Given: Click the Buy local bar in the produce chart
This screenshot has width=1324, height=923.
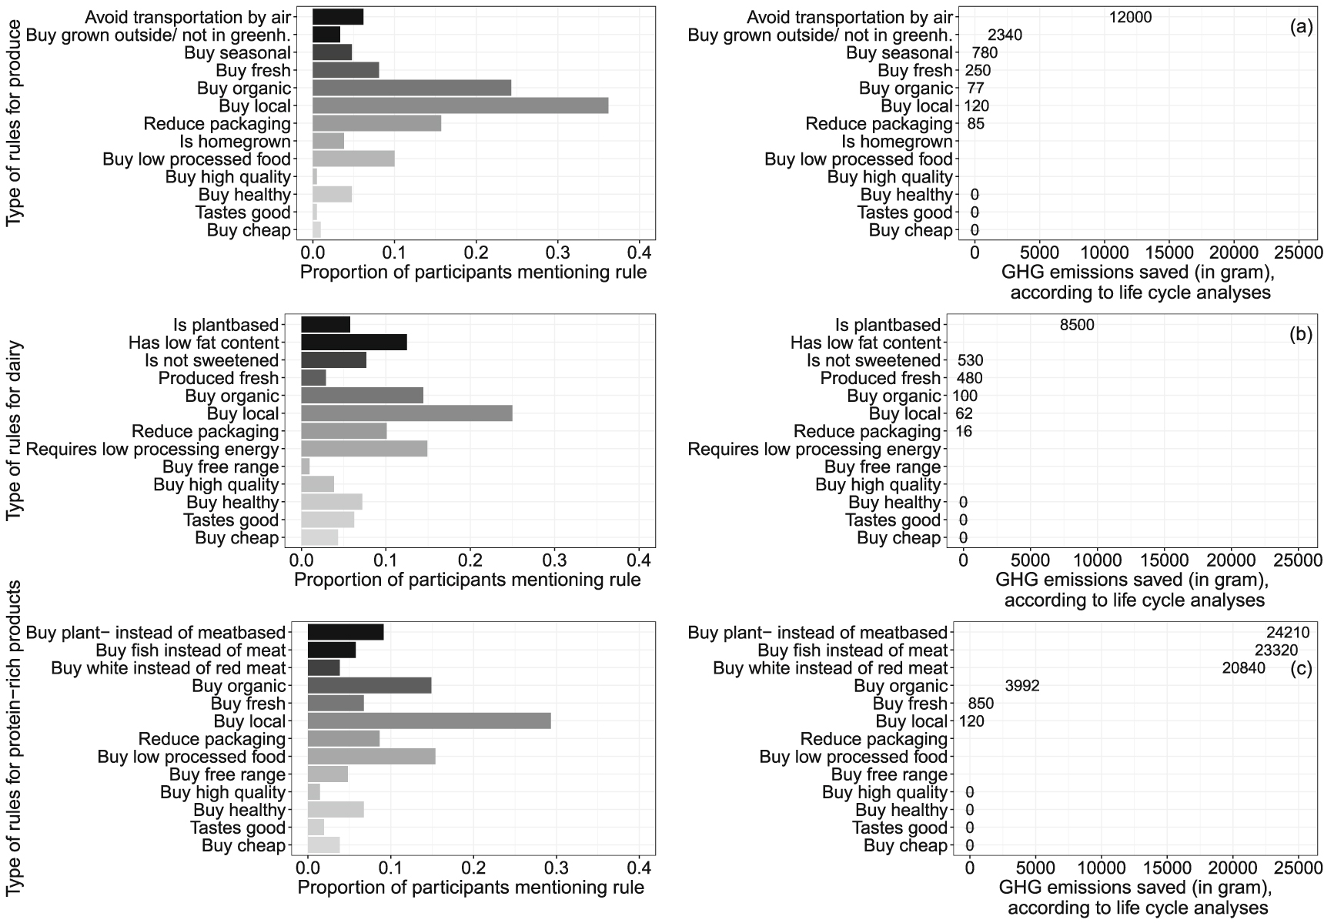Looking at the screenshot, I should coord(460,106).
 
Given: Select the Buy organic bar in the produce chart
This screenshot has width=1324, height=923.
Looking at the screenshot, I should coord(412,89).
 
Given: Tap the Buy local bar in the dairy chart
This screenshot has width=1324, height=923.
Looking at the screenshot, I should coord(406,414).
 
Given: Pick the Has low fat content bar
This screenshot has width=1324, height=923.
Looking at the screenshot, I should coord(354,343).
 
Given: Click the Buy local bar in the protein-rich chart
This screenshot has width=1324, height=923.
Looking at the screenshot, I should coord(429,721).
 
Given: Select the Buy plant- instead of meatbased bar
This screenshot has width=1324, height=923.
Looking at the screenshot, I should coord(346,633).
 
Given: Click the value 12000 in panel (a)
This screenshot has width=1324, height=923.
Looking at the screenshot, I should coord(1130,18).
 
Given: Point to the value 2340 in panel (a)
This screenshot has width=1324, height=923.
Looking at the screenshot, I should coord(1005,35).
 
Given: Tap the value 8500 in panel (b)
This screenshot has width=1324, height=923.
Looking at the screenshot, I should coord(1076,326).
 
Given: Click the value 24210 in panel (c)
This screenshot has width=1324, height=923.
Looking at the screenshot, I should coord(1288,634).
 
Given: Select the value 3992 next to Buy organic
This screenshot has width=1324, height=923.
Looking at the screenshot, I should coord(1022,686).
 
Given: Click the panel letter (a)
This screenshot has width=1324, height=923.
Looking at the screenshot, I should coord(1301,28).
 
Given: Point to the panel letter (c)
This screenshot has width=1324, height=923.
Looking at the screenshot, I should coord(1301,668).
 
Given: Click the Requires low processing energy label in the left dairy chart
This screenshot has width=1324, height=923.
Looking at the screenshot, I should coord(152,450).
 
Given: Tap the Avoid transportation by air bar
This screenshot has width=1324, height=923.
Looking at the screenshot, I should coord(338,17).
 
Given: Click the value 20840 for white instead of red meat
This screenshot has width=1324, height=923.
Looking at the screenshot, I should coord(1243,668).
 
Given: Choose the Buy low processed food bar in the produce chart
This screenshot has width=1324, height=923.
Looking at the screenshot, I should coord(353,159).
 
